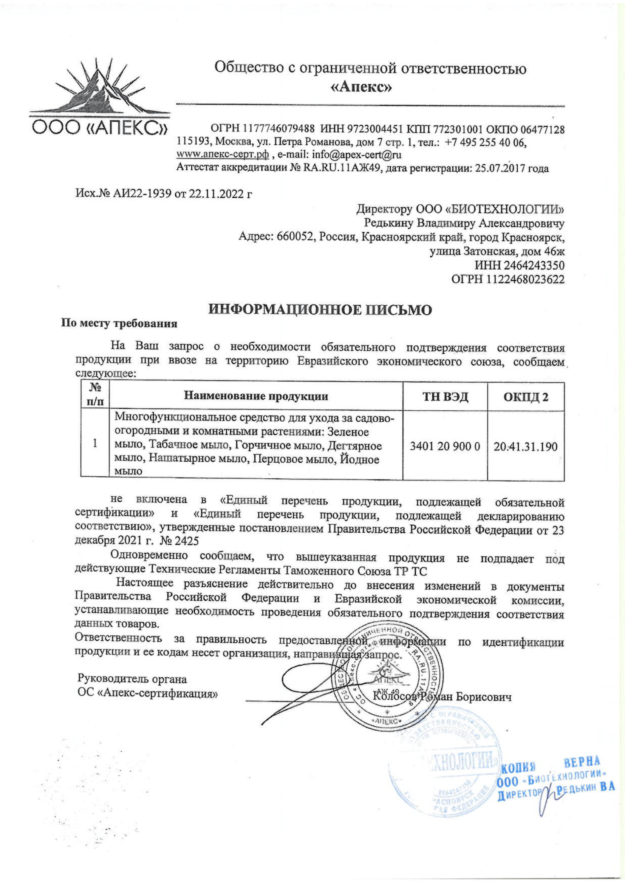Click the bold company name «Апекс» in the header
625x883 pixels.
pyautogui.click(x=361, y=88)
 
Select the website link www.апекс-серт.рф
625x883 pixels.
pyautogui.click(x=222, y=155)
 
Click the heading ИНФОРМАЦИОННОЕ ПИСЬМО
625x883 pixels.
pyautogui.click(x=320, y=310)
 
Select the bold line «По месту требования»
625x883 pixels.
pyautogui.click(x=120, y=324)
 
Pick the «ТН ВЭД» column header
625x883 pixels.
pyautogui.click(x=445, y=396)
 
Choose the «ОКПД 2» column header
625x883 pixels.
pyautogui.click(x=526, y=396)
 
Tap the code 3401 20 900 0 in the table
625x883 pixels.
pyautogui.click(x=445, y=447)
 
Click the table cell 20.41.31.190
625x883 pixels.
pyautogui.click(x=526, y=447)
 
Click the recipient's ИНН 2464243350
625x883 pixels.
pyautogui.click(x=519, y=266)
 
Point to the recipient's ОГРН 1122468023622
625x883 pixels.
pyautogui.click(x=507, y=280)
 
